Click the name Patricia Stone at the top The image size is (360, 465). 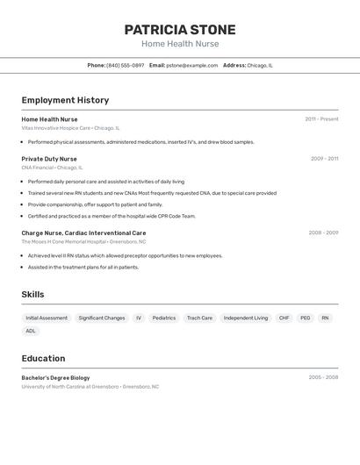coord(180,30)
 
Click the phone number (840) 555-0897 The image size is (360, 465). coord(125,65)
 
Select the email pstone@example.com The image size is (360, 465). coord(191,65)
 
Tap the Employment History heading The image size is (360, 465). coord(65,100)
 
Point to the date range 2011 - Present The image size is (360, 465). coord(321,119)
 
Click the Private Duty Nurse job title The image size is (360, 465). coord(49,159)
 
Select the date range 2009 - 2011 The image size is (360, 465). coord(324,159)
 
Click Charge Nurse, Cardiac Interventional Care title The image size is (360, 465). coord(83,233)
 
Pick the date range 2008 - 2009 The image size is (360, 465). coord(323,233)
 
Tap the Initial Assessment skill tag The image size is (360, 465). coord(47,318)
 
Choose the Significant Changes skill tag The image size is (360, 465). coord(102,318)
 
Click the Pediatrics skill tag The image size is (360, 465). coord(164,318)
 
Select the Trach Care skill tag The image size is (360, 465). coord(199,318)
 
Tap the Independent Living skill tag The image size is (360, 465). coord(246,318)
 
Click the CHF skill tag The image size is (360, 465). coord(284,318)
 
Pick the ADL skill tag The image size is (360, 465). coord(31,331)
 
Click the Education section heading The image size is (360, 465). coord(43,358)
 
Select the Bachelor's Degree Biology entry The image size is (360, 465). coord(55,377)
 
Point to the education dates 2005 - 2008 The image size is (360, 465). coord(323,377)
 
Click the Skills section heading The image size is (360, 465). coord(32,295)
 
